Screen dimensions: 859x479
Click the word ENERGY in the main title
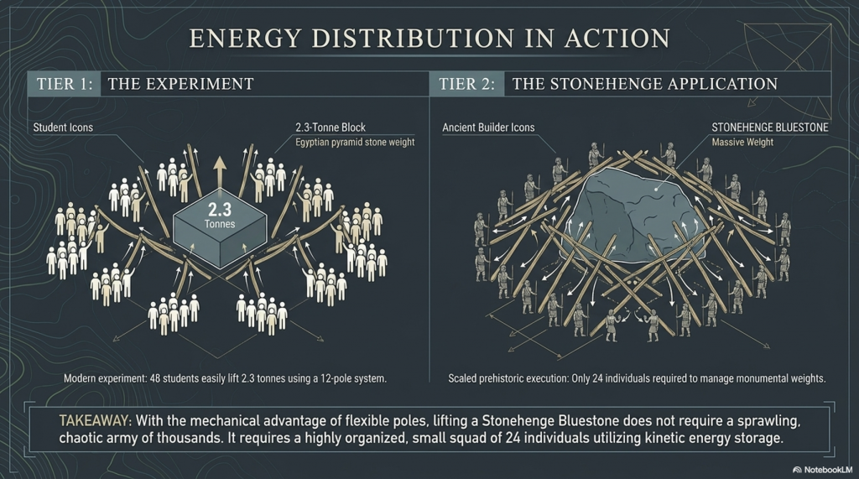(246, 39)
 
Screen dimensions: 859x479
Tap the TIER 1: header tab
(64, 84)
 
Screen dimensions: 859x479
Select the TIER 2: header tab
(466, 84)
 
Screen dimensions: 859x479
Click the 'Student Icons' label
(63, 128)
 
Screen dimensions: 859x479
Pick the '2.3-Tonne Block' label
(331, 128)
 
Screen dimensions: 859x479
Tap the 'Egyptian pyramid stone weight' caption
(355, 143)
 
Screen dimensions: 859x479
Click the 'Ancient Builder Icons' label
(488, 128)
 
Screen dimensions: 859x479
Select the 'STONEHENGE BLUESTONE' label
(770, 128)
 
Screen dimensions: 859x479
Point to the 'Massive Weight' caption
(742, 143)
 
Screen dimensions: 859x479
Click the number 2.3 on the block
(220, 210)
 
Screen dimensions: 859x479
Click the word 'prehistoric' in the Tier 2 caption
(512, 378)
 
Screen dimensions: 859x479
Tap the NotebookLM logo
(822, 470)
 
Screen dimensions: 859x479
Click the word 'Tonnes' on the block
(220, 224)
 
